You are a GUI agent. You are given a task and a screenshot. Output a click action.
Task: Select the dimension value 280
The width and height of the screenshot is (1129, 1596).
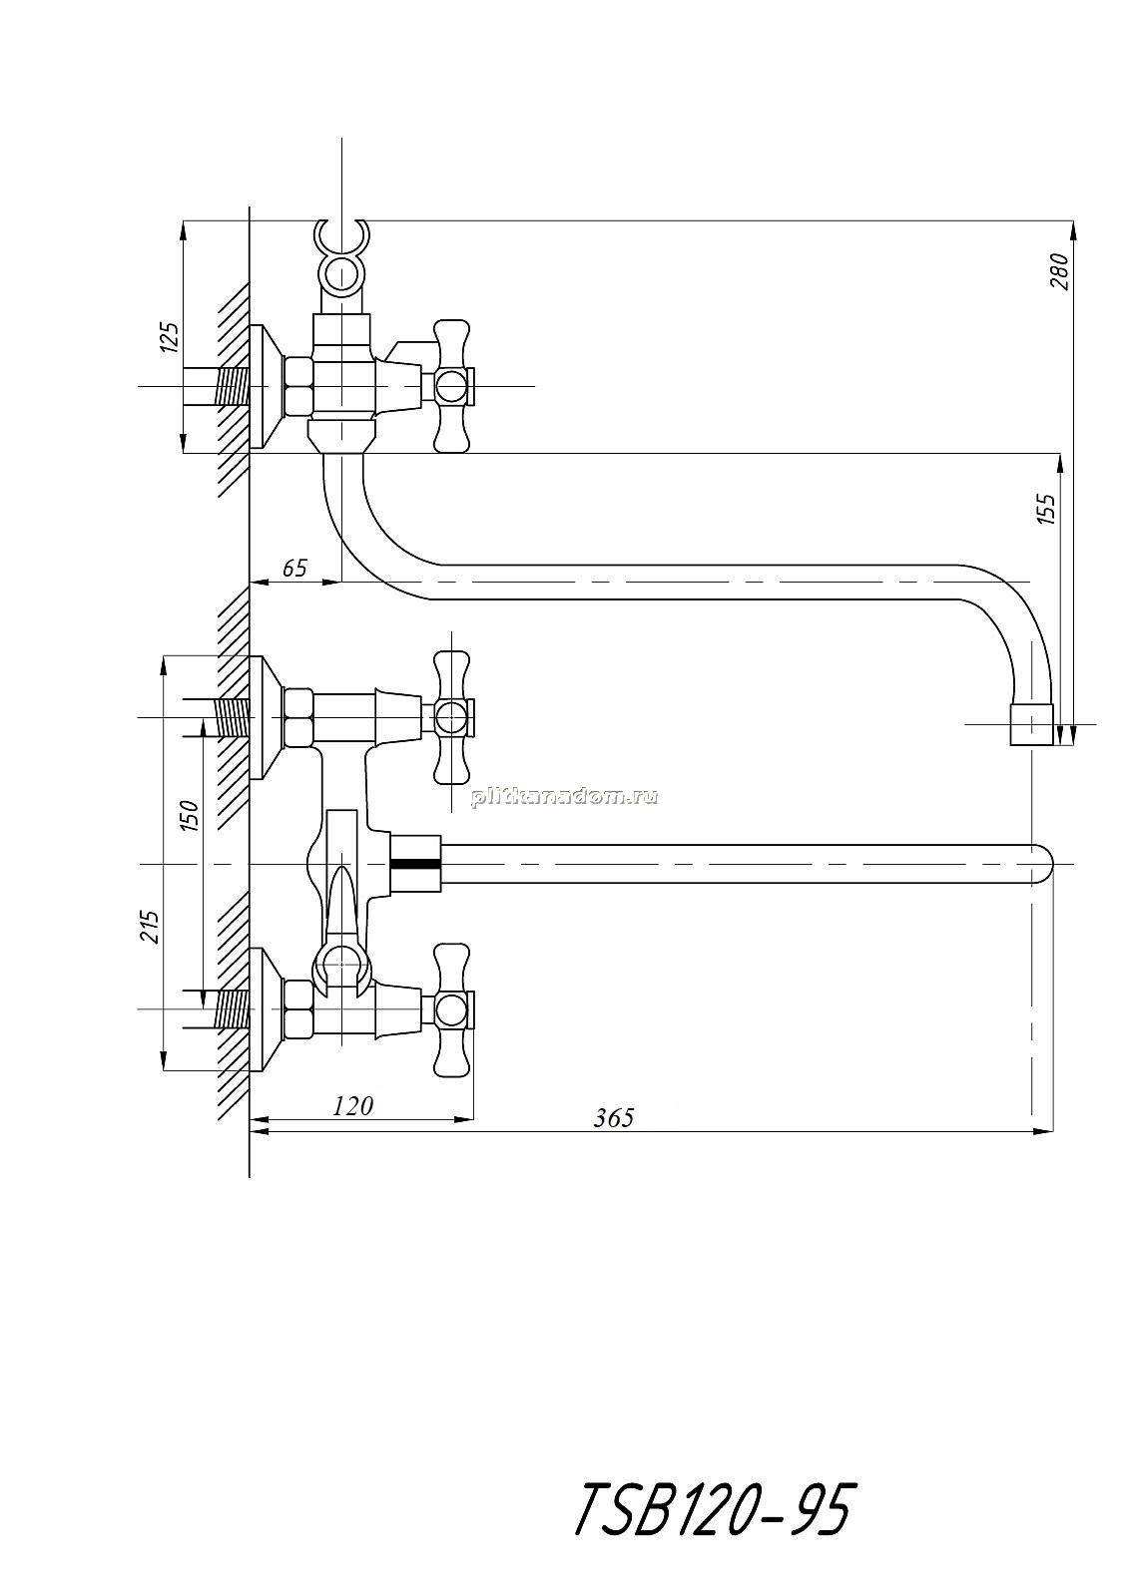pyautogui.click(x=1060, y=270)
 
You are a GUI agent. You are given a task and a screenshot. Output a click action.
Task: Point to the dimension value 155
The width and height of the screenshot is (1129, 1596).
pyautogui.click(x=1045, y=509)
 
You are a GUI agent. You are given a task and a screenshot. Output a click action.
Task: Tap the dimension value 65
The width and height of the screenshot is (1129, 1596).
pyautogui.click(x=294, y=568)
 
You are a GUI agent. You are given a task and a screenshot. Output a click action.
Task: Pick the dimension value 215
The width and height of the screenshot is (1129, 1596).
pyautogui.click(x=149, y=927)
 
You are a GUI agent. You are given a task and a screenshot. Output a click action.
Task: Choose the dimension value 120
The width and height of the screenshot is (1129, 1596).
pyautogui.click(x=353, y=1106)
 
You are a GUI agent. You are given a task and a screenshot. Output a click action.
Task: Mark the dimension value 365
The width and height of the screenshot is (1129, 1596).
pyautogui.click(x=613, y=1118)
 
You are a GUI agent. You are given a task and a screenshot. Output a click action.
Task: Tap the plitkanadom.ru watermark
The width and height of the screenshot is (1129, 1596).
pyautogui.click(x=563, y=797)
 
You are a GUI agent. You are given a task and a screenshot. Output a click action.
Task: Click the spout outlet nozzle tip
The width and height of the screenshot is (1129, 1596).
pyautogui.click(x=1031, y=724)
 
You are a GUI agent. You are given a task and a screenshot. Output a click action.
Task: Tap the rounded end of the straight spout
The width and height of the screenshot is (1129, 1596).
pyautogui.click(x=1043, y=864)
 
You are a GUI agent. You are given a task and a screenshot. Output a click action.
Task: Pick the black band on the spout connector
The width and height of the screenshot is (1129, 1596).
pyautogui.click(x=417, y=864)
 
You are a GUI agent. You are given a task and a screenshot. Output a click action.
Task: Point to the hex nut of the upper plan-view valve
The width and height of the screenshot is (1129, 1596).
pyautogui.click(x=299, y=717)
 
